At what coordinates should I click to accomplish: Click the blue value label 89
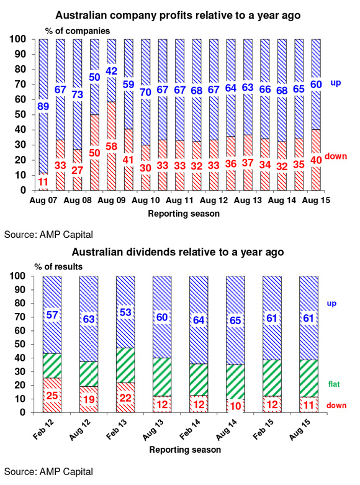43,106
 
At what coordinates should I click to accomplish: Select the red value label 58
111,147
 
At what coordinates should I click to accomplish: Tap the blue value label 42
111,71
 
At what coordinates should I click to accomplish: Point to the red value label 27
78,170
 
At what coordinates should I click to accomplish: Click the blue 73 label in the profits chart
78,94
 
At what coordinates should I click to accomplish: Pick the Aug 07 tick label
43,201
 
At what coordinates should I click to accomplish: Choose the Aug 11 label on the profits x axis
179,201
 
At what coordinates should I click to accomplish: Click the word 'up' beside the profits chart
336,83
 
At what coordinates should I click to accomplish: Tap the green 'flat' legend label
334,384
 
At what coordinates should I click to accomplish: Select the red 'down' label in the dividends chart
336,406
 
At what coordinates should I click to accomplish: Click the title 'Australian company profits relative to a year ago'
178,15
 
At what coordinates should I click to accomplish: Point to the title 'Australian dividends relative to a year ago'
178,252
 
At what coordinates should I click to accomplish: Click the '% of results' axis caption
58,266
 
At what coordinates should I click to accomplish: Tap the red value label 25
52,396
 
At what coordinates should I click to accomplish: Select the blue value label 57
52,315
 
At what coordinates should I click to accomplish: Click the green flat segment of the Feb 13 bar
125,365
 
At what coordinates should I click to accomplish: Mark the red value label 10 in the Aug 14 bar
235,406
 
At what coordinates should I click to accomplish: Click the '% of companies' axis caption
78,31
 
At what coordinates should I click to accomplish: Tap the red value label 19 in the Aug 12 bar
89,399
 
